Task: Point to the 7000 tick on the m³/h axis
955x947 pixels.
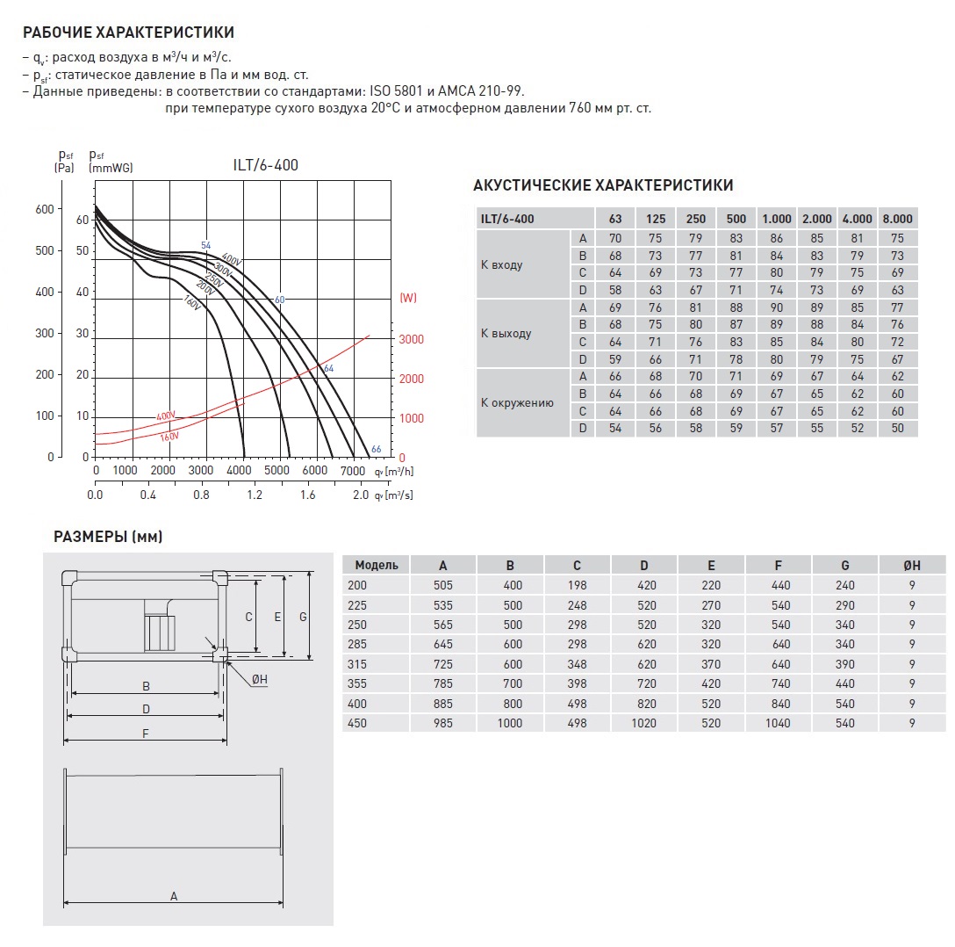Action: pyautogui.click(x=353, y=471)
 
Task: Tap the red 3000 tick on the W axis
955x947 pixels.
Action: pyautogui.click(x=412, y=339)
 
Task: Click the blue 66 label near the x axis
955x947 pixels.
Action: pyautogui.click(x=376, y=449)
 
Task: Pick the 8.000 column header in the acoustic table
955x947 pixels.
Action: pyautogui.click(x=897, y=219)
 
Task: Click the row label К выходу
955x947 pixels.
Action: pyautogui.click(x=506, y=334)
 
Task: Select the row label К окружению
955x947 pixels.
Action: pyautogui.click(x=517, y=403)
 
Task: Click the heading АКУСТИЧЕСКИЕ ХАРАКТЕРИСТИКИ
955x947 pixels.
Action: pyautogui.click(x=603, y=185)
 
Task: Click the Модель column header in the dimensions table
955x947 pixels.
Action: pyautogui.click(x=376, y=565)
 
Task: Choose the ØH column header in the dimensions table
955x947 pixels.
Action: pyautogui.click(x=912, y=565)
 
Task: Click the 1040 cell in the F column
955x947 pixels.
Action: pyautogui.click(x=777, y=723)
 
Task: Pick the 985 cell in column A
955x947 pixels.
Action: pyautogui.click(x=442, y=723)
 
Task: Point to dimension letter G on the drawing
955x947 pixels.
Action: pyautogui.click(x=303, y=617)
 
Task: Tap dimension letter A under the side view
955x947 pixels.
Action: pyautogui.click(x=174, y=896)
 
